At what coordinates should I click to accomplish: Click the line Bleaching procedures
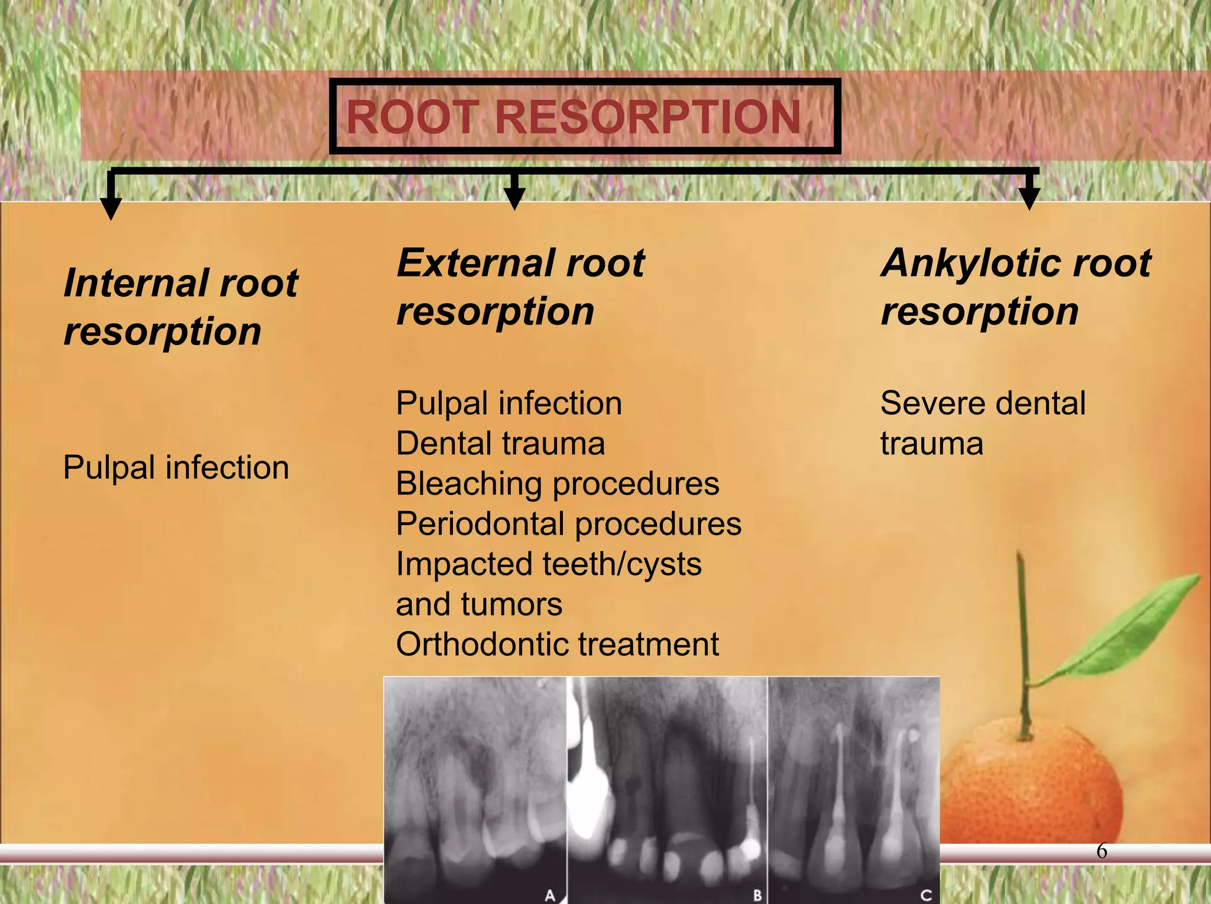(x=557, y=483)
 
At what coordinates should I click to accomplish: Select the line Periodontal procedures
(x=568, y=523)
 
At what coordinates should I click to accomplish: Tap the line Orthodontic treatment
(x=557, y=644)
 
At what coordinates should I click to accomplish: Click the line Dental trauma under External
(x=500, y=443)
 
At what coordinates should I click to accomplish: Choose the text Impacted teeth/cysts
(x=548, y=564)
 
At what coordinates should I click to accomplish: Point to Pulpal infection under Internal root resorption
(x=176, y=467)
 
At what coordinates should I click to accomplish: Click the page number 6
(x=1101, y=851)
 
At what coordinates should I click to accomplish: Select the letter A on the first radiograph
(x=550, y=895)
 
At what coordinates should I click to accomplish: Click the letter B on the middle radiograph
(x=757, y=895)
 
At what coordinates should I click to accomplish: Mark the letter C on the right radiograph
(x=926, y=895)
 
